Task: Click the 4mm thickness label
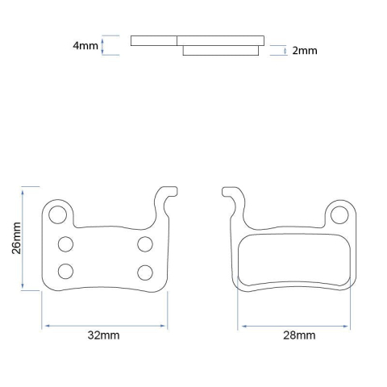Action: pos(85,45)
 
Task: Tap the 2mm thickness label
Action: pos(304,50)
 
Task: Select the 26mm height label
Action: pos(15,239)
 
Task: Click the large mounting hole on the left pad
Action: pos(57,214)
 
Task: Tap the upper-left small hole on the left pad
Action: pos(66,243)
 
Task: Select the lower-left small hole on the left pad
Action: pos(66,271)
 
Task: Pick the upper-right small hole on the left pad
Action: pos(145,243)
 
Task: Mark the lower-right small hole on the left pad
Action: pos(145,271)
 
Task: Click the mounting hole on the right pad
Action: pos(340,214)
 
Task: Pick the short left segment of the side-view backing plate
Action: pos(153,40)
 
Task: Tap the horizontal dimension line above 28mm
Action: pos(294,325)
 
